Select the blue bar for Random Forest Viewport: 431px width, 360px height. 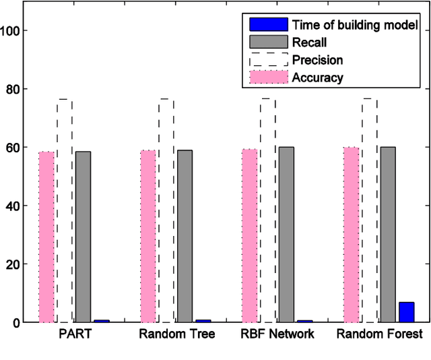[x=406, y=312]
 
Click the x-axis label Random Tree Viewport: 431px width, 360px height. [x=177, y=334]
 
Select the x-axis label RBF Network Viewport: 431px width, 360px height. [x=277, y=334]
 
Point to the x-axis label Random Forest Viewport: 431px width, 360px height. [x=380, y=334]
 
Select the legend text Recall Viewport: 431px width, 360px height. [x=310, y=42]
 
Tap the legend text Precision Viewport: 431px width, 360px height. [x=318, y=60]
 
